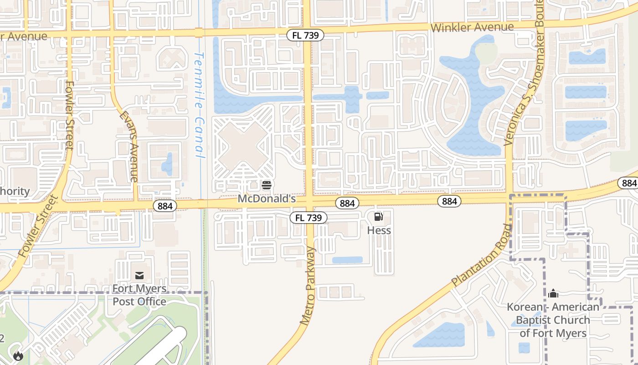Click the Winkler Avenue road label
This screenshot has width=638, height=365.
pyautogui.click(x=472, y=27)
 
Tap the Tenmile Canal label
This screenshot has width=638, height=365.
pyautogui.click(x=200, y=105)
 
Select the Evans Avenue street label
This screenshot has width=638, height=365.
pyautogui.click(x=128, y=147)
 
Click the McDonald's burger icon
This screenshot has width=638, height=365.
pyautogui.click(x=267, y=185)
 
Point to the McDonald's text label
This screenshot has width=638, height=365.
pyautogui.click(x=267, y=199)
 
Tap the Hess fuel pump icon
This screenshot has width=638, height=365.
pyautogui.click(x=379, y=217)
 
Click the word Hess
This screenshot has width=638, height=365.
pyautogui.click(x=379, y=230)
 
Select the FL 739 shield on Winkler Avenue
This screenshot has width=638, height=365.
pyautogui.click(x=305, y=35)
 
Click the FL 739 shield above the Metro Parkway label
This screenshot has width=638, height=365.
pyautogui.click(x=309, y=218)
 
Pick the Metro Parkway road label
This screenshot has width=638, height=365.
pyautogui.click(x=308, y=286)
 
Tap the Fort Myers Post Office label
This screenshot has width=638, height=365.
pyautogui.click(x=139, y=295)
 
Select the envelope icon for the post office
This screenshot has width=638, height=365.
pyautogui.click(x=139, y=276)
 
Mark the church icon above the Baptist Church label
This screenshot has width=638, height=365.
pyautogui.click(x=553, y=293)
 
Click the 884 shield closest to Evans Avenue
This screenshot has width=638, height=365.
pyautogui.click(x=165, y=206)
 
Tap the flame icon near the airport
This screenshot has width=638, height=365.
pyautogui.click(x=18, y=355)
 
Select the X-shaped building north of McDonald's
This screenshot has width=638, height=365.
pyautogui.click(x=243, y=146)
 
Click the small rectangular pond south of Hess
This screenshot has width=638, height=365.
pyautogui.click(x=347, y=260)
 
